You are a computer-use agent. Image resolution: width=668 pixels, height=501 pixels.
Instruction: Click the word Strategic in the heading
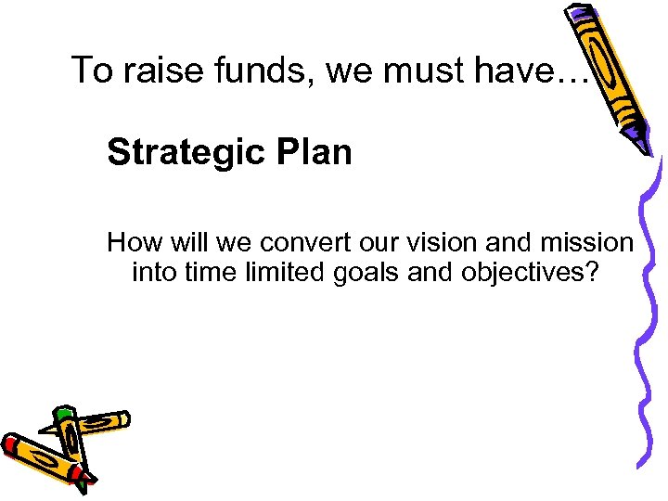(x=184, y=151)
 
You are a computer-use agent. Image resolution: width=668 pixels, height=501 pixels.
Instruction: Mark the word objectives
(x=533, y=273)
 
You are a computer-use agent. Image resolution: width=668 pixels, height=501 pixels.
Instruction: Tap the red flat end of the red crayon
(x=11, y=446)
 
